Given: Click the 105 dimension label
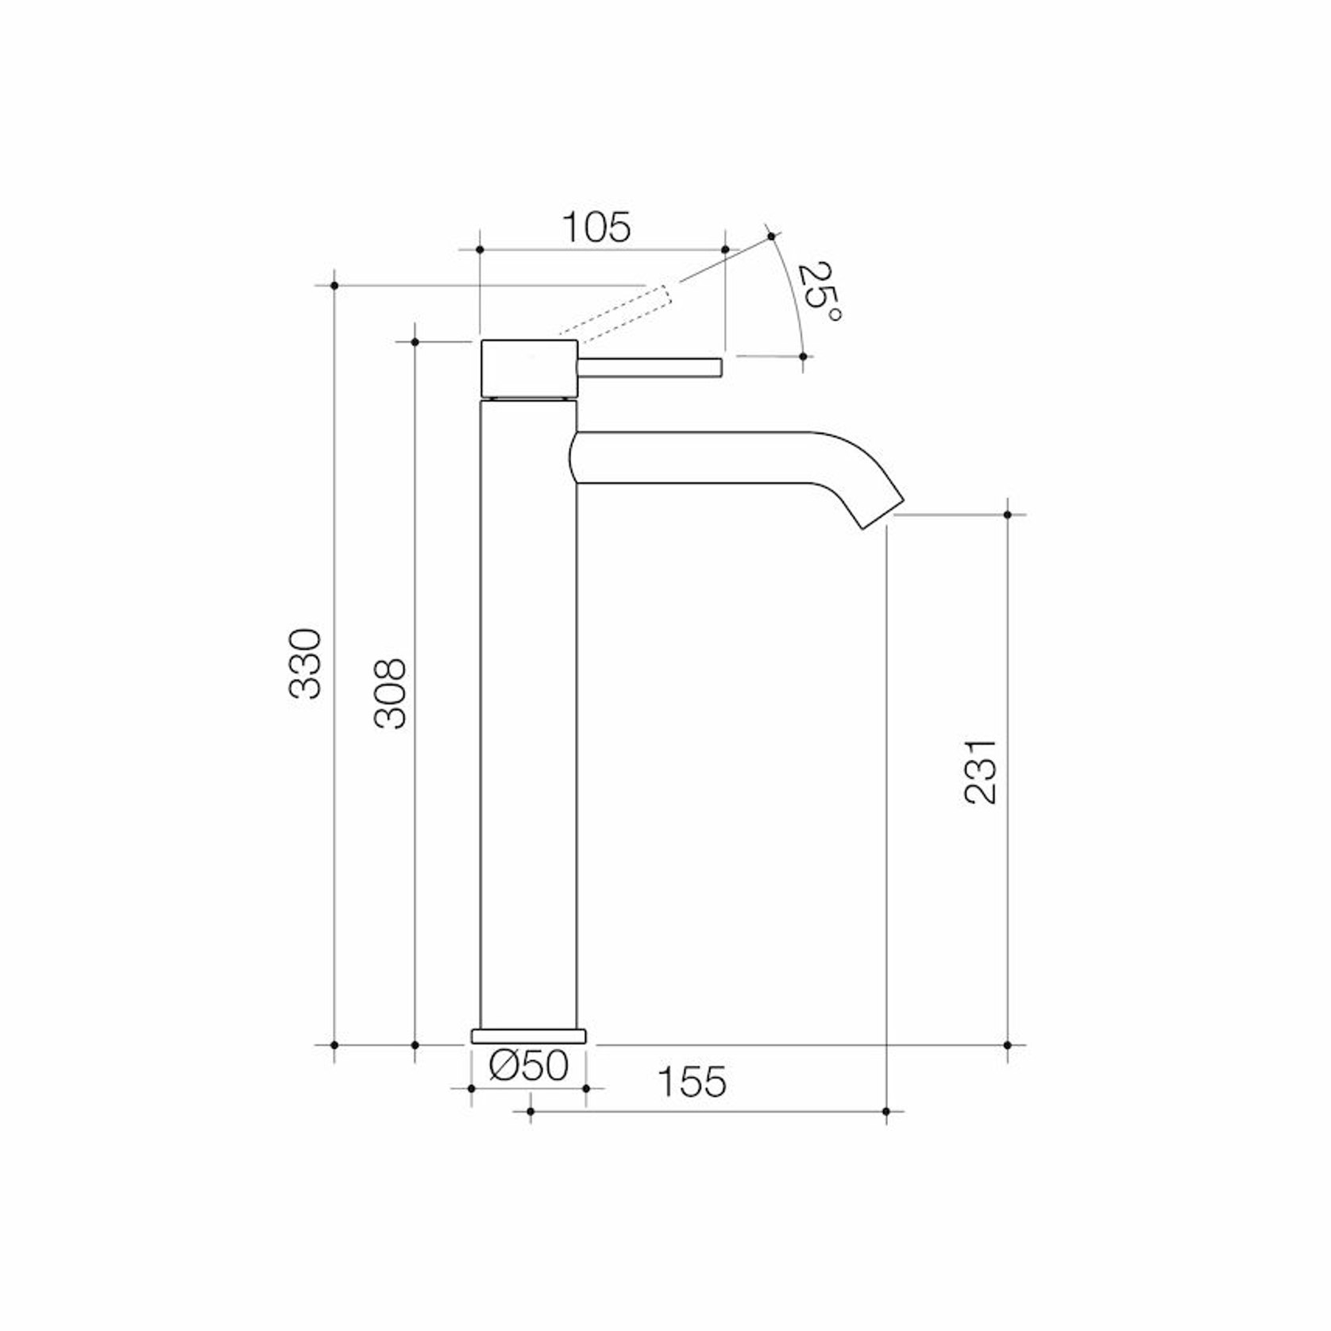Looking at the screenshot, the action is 596,228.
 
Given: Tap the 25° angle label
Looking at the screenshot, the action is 818,291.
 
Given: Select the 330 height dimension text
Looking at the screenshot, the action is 305,664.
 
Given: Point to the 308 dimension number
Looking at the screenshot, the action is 390,693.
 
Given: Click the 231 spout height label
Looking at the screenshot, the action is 980,771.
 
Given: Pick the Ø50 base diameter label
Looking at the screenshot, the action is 529,1066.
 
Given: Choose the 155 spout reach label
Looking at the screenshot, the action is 693,1082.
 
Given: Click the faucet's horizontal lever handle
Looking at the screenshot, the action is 649,368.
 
